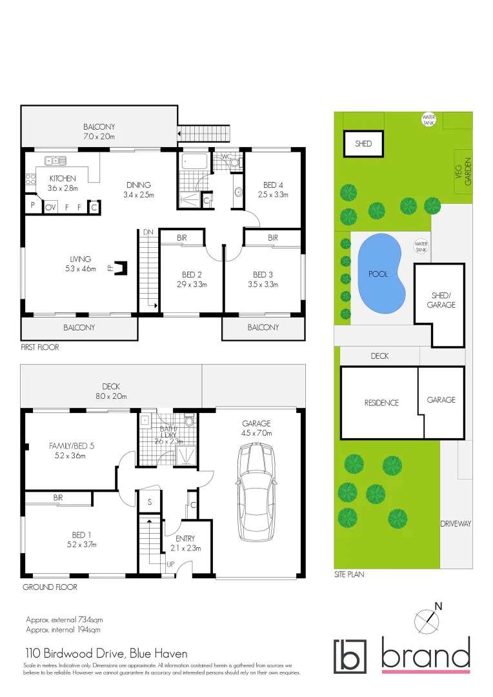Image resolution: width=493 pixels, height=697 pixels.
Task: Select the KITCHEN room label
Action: (63, 179)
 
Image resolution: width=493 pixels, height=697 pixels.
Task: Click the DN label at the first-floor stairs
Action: (148, 232)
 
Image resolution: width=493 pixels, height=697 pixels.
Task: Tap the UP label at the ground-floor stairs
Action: (170, 563)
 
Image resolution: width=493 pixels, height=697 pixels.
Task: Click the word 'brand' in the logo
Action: (425, 655)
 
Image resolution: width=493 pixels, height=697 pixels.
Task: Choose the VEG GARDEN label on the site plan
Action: (464, 172)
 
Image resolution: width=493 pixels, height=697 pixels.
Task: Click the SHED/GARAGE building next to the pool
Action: (439, 304)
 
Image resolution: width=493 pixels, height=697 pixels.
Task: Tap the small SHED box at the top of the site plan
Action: (363, 143)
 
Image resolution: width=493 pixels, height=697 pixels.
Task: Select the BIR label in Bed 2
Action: (182, 238)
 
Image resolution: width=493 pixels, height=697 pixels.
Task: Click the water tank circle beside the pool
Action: (421, 246)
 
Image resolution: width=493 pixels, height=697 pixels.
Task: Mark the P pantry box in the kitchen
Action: (32, 207)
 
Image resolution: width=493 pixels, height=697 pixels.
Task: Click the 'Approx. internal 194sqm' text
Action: (63, 629)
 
